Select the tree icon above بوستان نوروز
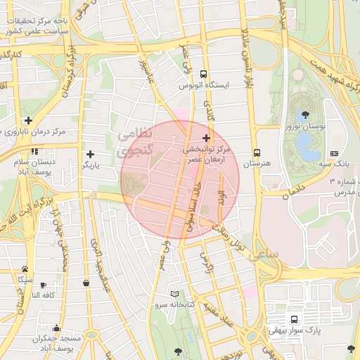(304, 115)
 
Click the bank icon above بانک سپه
(334, 153)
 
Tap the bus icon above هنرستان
(257, 153)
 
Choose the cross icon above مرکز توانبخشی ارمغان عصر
(206, 138)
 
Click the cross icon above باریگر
(90, 154)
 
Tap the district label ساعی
(264, 253)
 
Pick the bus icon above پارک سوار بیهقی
(293, 319)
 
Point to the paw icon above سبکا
(25, 269)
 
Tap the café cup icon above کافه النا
(44, 285)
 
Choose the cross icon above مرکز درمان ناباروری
(27, 120)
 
